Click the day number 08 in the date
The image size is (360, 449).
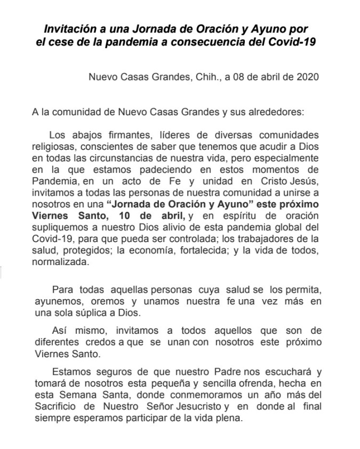[x=230, y=76]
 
